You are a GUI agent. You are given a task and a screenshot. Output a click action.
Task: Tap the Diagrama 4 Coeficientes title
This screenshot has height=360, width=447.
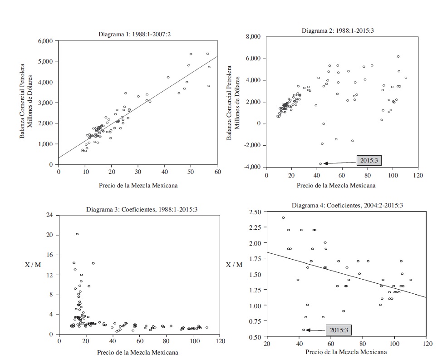click(x=347, y=205)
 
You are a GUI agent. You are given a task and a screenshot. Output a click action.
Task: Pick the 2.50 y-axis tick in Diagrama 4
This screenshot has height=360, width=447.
click(x=255, y=212)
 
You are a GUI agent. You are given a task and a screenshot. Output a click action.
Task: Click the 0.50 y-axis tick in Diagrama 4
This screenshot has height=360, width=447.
click(x=255, y=337)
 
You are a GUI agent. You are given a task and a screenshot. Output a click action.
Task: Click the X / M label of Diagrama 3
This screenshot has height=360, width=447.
click(x=33, y=265)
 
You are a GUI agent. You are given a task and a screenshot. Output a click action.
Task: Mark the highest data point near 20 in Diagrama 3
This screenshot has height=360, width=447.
click(x=77, y=234)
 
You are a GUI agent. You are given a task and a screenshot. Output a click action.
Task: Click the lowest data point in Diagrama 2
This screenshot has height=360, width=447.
click(x=320, y=163)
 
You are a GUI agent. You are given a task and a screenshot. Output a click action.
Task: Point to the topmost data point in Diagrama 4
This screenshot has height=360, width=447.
click(x=283, y=217)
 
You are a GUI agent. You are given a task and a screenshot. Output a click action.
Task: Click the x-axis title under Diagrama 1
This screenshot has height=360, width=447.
click(x=138, y=185)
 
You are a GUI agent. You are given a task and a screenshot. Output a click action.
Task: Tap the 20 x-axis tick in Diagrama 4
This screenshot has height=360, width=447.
click(x=267, y=344)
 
